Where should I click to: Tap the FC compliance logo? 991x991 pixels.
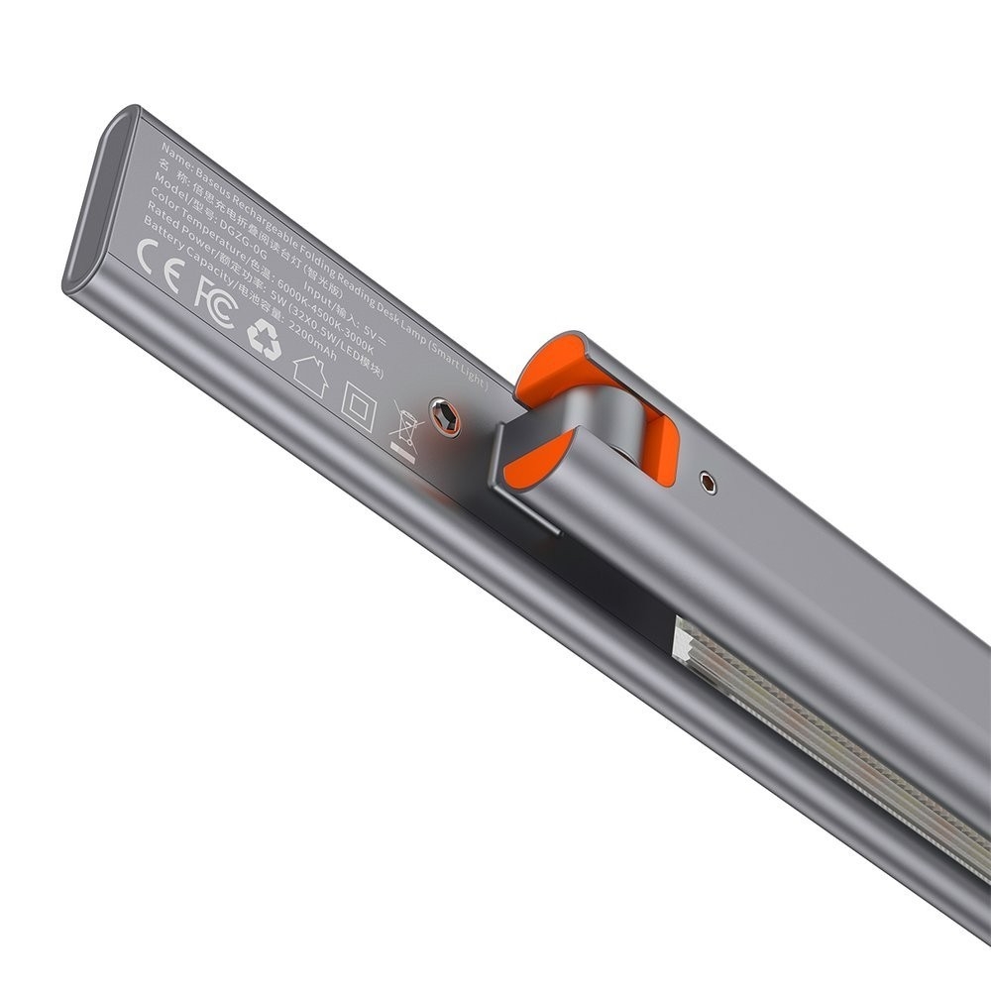pos(214,303)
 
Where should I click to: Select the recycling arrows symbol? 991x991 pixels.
pos(264,338)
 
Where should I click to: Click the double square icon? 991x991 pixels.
pos(358,405)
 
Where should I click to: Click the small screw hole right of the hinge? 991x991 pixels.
pos(707,482)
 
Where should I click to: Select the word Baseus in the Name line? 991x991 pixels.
pos(214,175)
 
